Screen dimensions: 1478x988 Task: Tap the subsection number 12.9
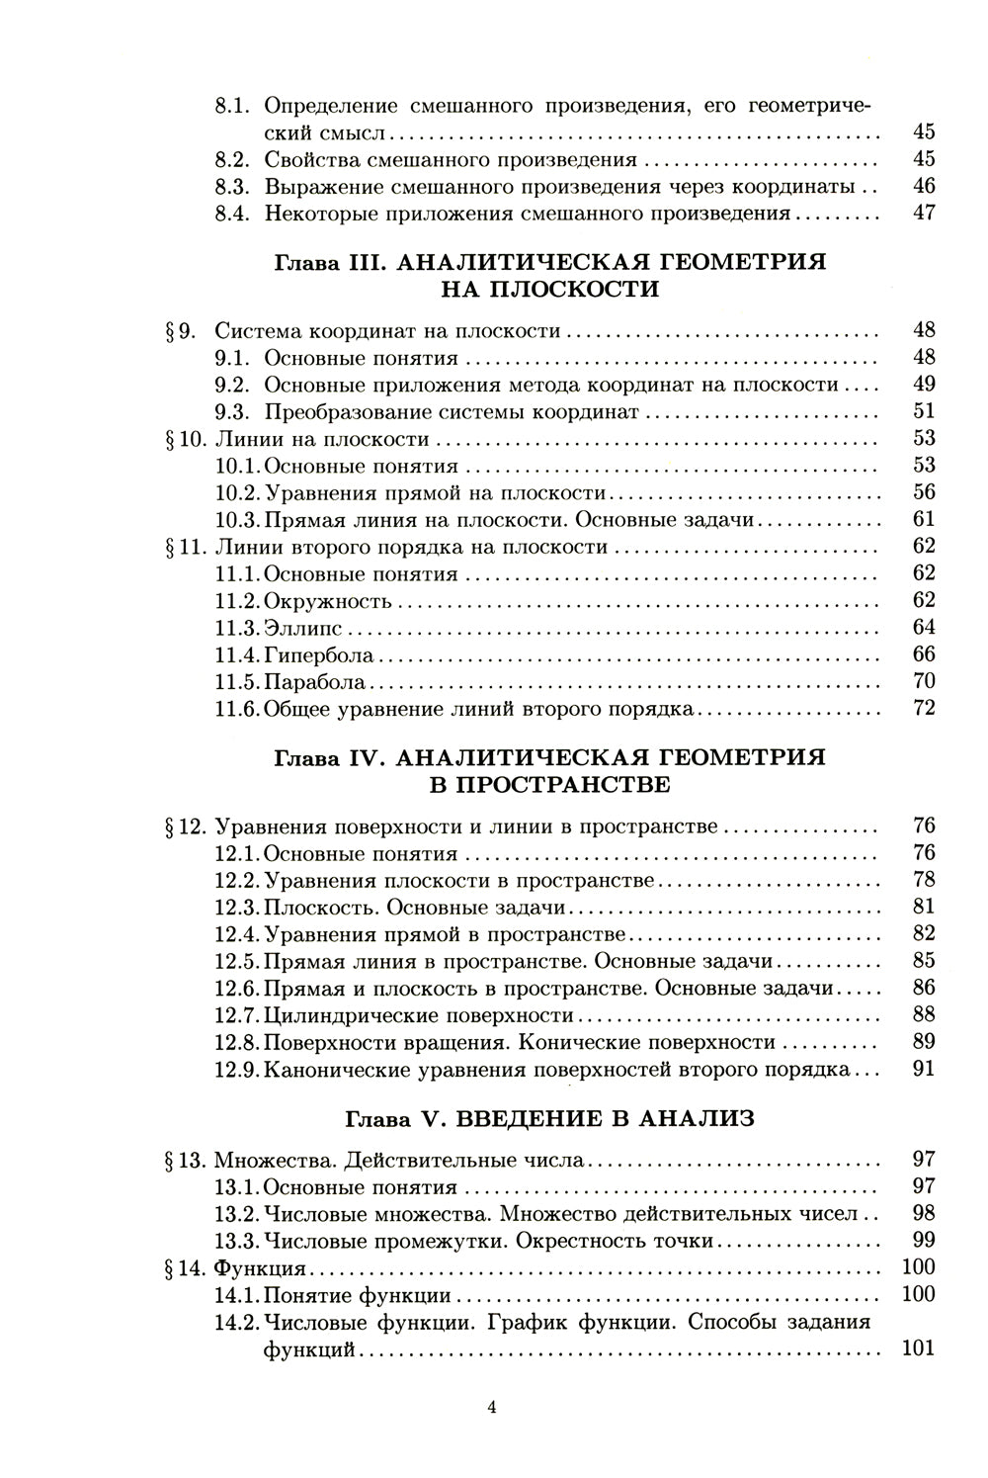tap(238, 1069)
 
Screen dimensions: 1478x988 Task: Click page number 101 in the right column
tap(918, 1348)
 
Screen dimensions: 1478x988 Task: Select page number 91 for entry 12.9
tap(923, 1069)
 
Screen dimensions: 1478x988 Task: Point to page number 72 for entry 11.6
tap(923, 708)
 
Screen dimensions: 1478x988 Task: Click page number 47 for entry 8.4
tap(923, 214)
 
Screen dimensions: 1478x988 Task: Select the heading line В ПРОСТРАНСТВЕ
tap(548, 784)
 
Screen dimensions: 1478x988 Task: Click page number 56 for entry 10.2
tap(923, 492)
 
